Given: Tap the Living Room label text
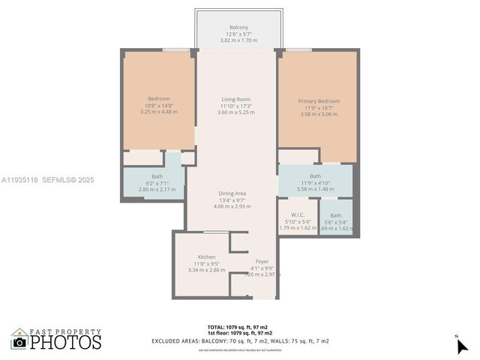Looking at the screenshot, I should [x=235, y=99].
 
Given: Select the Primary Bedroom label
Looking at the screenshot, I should [x=318, y=101].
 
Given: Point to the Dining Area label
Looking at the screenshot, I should [x=232, y=193].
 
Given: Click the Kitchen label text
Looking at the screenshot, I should [x=206, y=256].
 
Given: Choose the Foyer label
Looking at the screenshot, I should [x=262, y=262].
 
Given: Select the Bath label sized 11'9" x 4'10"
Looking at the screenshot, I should [x=315, y=176].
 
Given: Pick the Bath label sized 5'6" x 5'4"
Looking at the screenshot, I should [x=335, y=215].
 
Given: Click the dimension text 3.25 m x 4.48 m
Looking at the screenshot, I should [x=158, y=112].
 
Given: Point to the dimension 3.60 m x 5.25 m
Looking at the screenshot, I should [x=235, y=112].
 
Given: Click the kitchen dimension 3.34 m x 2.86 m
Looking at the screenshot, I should [x=206, y=269].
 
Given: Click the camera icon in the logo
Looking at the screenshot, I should [x=19, y=342].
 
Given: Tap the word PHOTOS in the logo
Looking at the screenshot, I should [x=65, y=342].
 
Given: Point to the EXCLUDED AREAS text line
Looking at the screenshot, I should [x=240, y=341].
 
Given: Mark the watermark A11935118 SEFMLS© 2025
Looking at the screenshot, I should [x=48, y=180].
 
